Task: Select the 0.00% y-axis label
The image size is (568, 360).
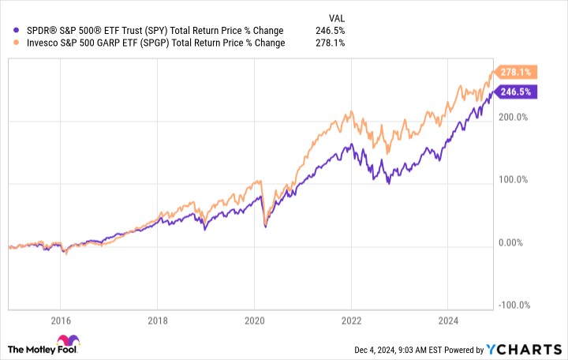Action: point(514,242)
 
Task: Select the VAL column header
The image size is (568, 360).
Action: point(336,17)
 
